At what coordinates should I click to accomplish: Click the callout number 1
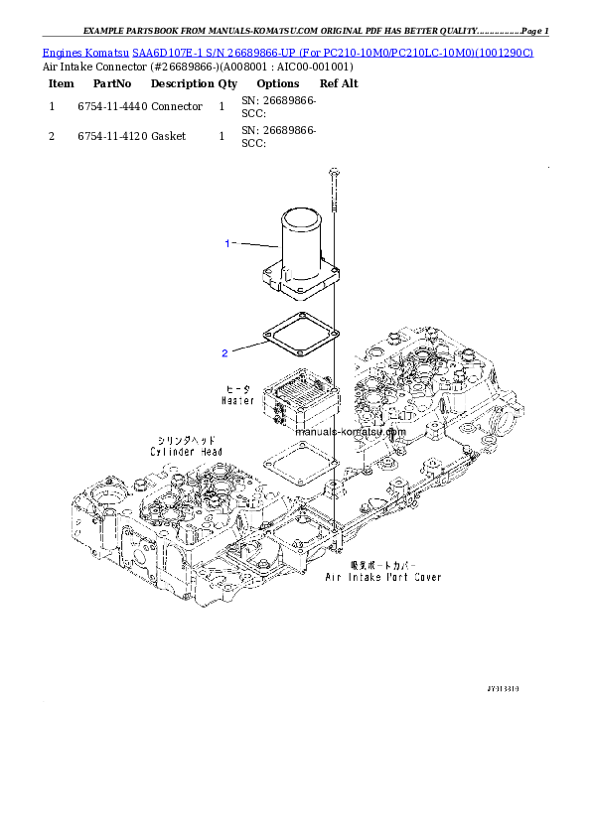pyautogui.click(x=226, y=242)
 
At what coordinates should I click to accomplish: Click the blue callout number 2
pyautogui.click(x=225, y=352)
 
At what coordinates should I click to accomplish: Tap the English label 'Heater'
pyautogui.click(x=237, y=400)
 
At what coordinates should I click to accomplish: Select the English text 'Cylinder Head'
pyautogui.click(x=187, y=452)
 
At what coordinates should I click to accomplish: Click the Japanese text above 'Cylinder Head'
pyautogui.click(x=187, y=440)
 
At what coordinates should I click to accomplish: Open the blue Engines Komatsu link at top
pyautogui.click(x=287, y=52)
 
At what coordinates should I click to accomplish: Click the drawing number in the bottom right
pyautogui.click(x=503, y=687)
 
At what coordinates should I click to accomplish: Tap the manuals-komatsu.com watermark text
pyautogui.click(x=351, y=432)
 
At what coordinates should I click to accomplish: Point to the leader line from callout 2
pyautogui.click(x=249, y=348)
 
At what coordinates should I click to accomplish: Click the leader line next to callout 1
pyautogui.click(x=256, y=244)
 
